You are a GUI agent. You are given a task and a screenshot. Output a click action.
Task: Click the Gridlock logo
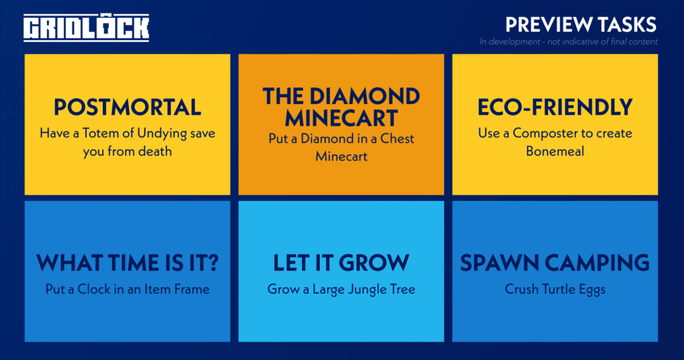pyautogui.click(x=86, y=28)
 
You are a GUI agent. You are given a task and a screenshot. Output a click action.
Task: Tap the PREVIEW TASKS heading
pyautogui.click(x=580, y=25)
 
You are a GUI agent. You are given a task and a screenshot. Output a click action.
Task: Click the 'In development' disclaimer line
pyautogui.click(x=568, y=42)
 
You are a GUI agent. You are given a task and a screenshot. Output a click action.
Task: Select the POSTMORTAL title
pyautogui.click(x=128, y=107)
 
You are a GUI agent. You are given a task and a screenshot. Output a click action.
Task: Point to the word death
pyautogui.click(x=155, y=151)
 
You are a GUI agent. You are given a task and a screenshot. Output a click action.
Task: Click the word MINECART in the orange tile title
pyautogui.click(x=341, y=118)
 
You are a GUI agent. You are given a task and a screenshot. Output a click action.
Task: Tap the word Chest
pyautogui.click(x=397, y=138)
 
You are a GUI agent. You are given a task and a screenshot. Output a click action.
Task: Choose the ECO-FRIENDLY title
pyautogui.click(x=555, y=107)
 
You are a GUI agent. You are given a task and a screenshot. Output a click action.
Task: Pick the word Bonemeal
pyautogui.click(x=555, y=151)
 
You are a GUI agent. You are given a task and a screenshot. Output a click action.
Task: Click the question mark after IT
pyautogui.click(x=212, y=262)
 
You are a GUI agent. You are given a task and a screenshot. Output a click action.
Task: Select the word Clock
pyautogui.click(x=94, y=289)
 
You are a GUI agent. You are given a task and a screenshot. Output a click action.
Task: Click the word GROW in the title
pyautogui.click(x=374, y=262)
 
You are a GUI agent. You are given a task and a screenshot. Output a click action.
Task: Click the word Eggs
pyautogui.click(x=592, y=290)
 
